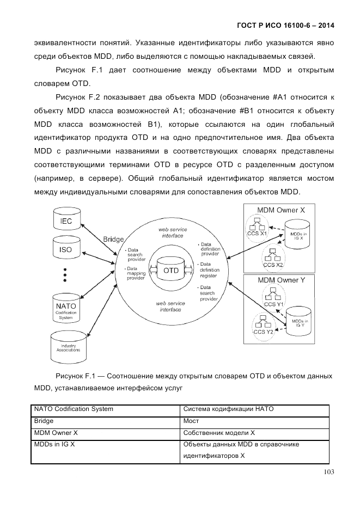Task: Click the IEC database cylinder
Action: coord(65,220)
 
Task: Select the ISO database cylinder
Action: coord(65,250)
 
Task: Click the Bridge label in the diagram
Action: coord(113,239)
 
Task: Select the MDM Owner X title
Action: coord(280,210)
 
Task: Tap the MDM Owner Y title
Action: coord(280,280)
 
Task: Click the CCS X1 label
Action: coord(256,233)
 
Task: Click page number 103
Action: coord(328,472)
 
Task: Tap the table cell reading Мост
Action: coord(191,421)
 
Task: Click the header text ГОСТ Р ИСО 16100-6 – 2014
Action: coord(286,25)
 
